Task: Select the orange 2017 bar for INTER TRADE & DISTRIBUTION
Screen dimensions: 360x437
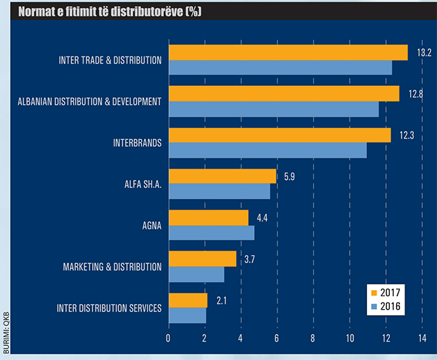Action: coord(288,52)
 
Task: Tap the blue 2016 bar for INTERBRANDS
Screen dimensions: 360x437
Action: coord(268,150)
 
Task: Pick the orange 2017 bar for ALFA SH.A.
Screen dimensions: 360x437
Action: coord(222,176)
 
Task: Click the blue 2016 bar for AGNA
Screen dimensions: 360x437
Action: coord(211,233)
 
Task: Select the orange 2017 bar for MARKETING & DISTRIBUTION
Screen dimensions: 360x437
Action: coord(202,259)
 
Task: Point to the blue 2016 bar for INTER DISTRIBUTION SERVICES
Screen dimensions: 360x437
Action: coord(187,316)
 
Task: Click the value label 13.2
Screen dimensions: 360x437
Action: coord(424,52)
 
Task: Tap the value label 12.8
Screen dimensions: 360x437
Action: coord(415,93)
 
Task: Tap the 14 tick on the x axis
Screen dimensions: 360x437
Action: coord(422,338)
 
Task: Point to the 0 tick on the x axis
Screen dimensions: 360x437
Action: coord(168,338)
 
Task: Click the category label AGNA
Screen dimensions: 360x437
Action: coord(152,226)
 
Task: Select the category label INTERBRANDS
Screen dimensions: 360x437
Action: coord(134,143)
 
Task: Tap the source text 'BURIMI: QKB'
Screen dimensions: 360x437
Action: coord(6,330)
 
